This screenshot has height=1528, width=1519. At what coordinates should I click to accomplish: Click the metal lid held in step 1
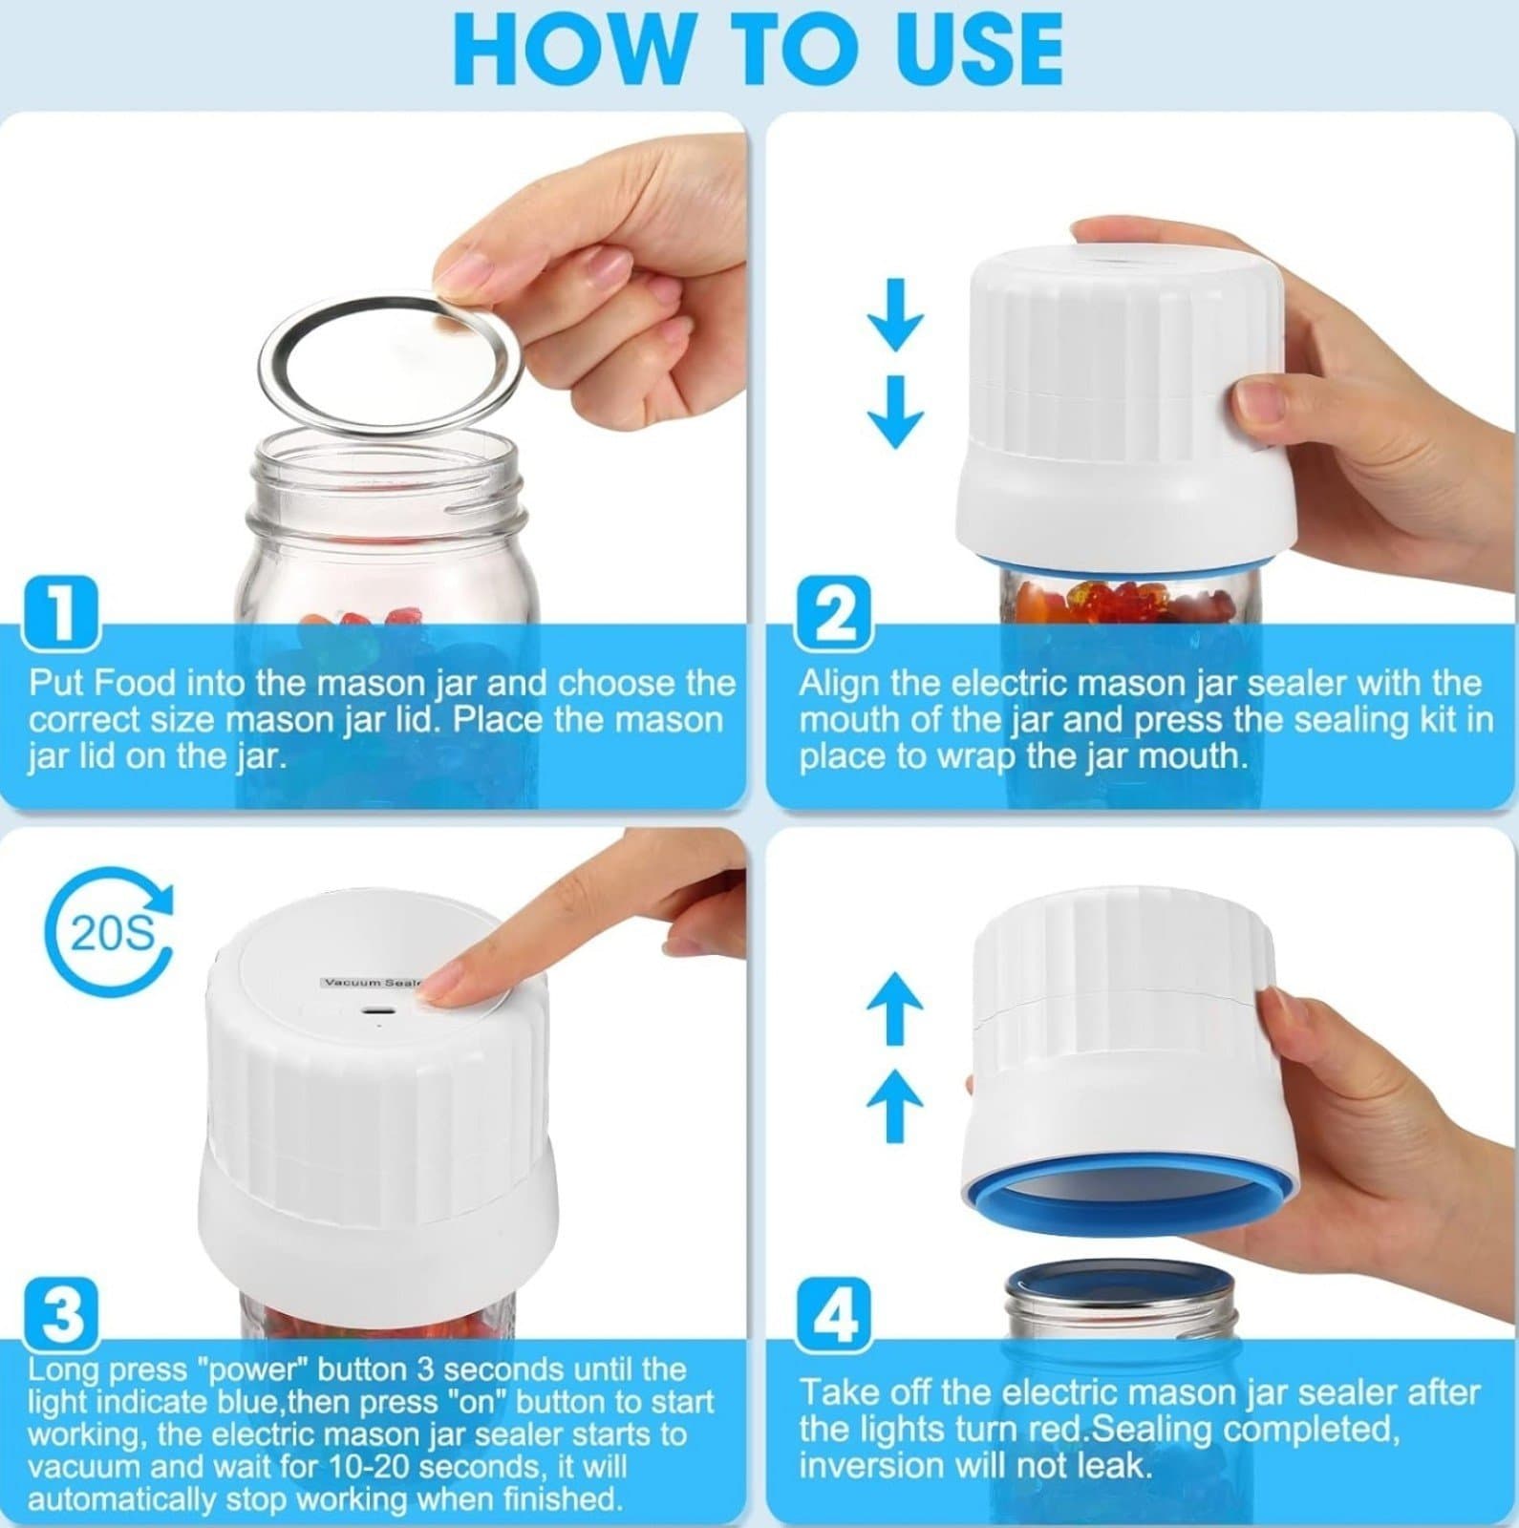[391, 364]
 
